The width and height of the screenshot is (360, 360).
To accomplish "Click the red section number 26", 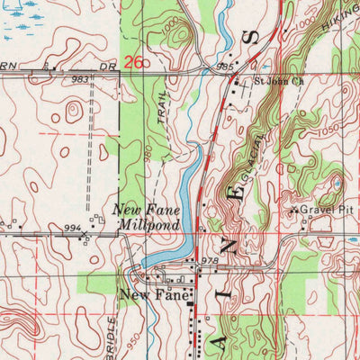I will (133, 62).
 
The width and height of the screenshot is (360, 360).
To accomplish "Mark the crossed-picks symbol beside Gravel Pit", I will (293, 211).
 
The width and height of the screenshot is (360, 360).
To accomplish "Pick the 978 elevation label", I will (211, 261).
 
